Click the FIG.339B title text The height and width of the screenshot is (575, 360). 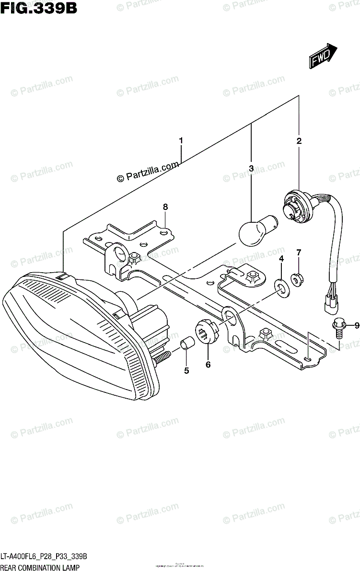tap(39, 8)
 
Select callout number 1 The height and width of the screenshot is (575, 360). tap(181, 141)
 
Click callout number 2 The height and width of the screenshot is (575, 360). tap(299, 141)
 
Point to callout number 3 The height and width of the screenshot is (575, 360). tap(251, 168)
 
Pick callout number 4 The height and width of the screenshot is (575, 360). tap(281, 259)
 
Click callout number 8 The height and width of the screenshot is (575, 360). tap(165, 207)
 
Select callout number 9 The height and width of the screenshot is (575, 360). tap(357, 326)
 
